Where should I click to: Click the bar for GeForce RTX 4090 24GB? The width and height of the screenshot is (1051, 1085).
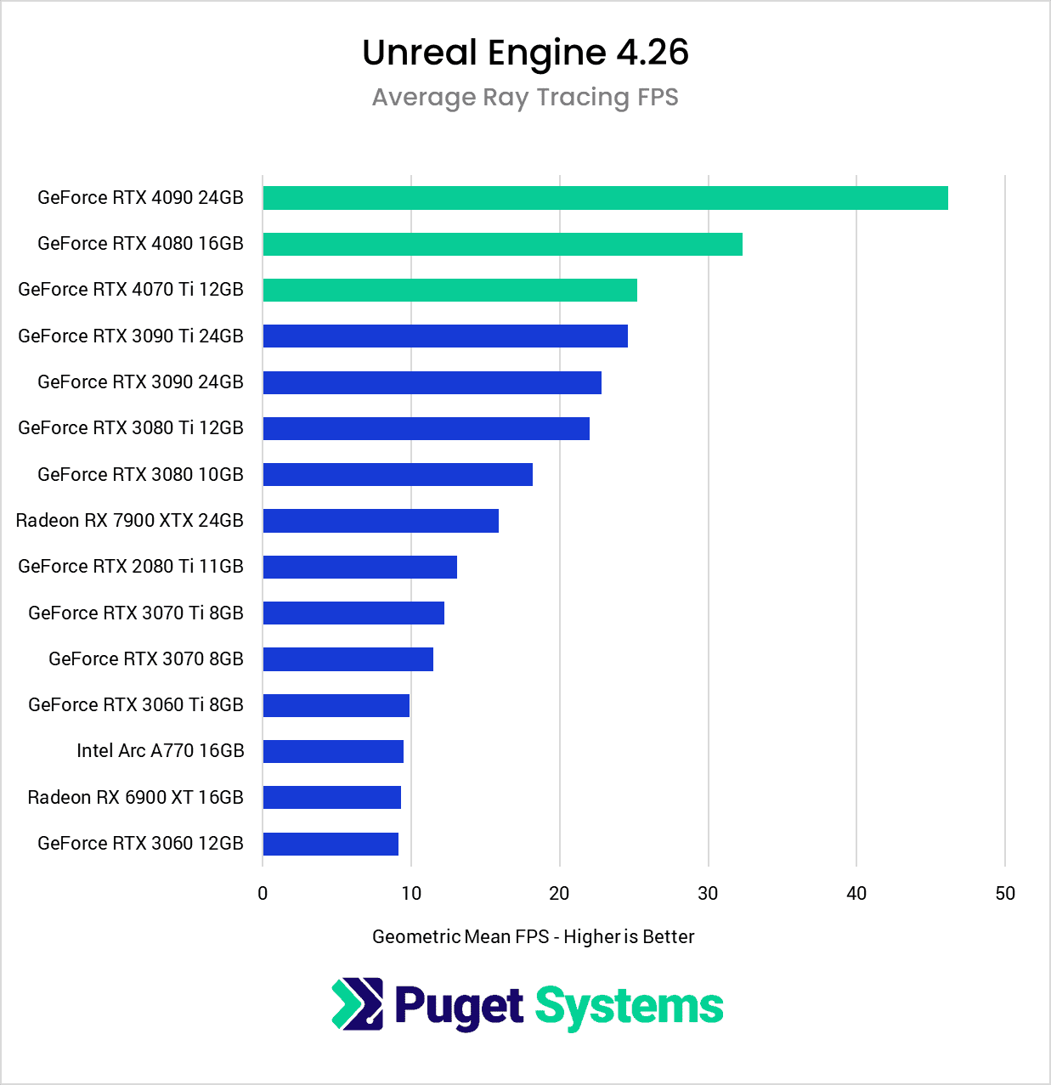tap(605, 198)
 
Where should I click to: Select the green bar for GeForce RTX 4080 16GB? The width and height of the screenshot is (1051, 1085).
tap(502, 244)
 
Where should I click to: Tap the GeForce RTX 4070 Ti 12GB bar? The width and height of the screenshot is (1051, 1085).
tap(449, 290)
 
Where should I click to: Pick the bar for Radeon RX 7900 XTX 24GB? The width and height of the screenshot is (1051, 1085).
tap(381, 521)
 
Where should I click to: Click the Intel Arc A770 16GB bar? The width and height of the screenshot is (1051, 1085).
tap(333, 751)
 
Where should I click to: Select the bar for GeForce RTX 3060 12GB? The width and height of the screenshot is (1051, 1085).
tap(331, 844)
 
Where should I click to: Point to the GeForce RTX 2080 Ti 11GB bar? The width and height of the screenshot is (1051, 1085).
tap(359, 567)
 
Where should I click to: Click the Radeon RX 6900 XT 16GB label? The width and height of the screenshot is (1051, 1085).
tap(136, 797)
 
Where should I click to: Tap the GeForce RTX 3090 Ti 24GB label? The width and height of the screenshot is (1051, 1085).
tap(131, 336)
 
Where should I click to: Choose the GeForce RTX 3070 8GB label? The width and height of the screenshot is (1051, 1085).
tap(146, 658)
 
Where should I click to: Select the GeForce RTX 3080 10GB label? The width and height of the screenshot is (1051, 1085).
tap(141, 474)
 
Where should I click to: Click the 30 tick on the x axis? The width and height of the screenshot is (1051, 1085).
tap(708, 893)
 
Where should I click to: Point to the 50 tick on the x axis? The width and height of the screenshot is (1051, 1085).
tap(1005, 893)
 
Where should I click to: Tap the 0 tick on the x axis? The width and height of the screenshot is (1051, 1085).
tap(263, 893)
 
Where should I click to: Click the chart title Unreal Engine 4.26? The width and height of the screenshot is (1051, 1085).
tap(525, 53)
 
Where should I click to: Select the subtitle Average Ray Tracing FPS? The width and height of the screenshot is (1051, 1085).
tap(525, 98)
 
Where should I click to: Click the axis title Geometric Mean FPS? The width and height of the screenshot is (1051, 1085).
tap(534, 936)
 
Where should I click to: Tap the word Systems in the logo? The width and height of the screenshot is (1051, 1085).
tap(629, 1007)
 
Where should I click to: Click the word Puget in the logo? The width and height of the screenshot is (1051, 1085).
tap(459, 1007)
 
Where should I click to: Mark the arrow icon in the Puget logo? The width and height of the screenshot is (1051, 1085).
tap(357, 1004)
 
